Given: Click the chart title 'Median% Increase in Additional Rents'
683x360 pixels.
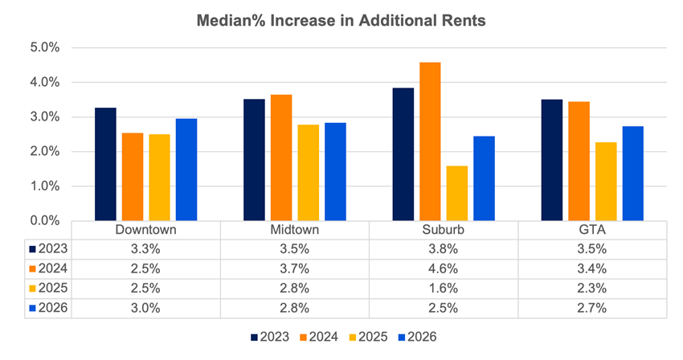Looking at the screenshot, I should [x=341, y=22].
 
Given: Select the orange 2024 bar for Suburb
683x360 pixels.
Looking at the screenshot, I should [x=430, y=141].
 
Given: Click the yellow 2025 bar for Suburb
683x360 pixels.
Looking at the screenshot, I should [x=456, y=193].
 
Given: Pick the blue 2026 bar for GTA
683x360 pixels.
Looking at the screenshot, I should [x=632, y=174].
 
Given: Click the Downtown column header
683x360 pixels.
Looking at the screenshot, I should [x=145, y=230].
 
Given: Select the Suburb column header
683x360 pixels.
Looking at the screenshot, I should [x=443, y=230].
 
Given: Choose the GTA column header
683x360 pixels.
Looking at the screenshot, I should [x=591, y=230].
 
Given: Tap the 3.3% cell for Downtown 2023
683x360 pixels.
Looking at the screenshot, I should [x=145, y=248].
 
